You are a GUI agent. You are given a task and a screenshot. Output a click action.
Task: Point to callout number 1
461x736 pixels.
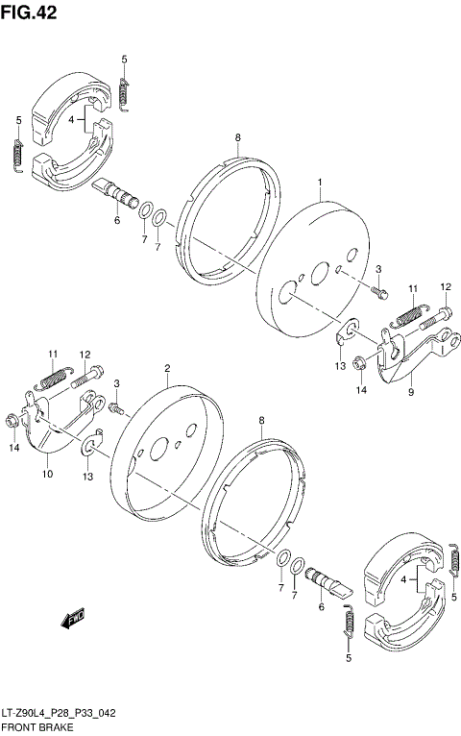pos(321,181)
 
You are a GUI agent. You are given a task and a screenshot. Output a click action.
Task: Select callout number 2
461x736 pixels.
pos(167,369)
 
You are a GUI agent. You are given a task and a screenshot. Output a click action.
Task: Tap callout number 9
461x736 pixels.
pos(410,392)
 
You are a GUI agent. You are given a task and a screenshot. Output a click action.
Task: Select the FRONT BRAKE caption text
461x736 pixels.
pos(32,729)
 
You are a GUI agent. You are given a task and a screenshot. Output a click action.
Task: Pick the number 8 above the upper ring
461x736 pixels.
pos(237,139)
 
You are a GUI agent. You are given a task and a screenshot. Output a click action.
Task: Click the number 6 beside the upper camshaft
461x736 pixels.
pos(117,220)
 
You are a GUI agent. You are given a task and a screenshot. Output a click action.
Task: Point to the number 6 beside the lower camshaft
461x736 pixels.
pos(321,605)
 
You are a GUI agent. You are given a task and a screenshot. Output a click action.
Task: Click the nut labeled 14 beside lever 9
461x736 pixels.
pos(358,363)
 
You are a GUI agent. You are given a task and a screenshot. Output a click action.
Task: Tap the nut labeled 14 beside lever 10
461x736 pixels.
pos(12,420)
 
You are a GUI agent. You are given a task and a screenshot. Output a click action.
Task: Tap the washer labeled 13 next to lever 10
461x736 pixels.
pos(91,444)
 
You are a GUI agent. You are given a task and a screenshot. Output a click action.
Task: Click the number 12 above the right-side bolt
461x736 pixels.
pos(446,286)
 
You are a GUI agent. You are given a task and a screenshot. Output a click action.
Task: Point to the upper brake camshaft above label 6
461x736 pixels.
pos(117,191)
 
